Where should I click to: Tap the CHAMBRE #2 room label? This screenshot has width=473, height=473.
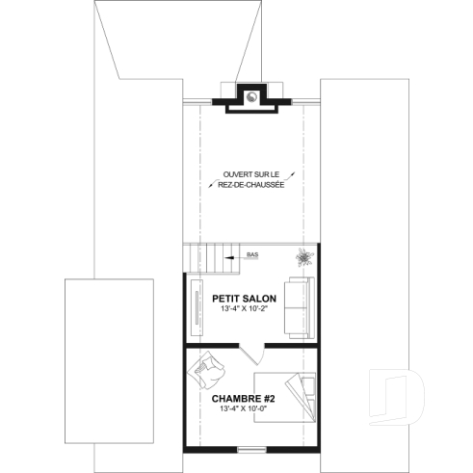coord(244,397)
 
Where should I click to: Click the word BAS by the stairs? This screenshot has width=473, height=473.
coord(252,255)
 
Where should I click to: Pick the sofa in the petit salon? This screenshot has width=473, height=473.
coord(299,307)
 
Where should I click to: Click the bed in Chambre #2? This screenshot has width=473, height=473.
coord(285,395)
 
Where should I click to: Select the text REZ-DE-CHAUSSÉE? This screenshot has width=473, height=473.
coord(250,184)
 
